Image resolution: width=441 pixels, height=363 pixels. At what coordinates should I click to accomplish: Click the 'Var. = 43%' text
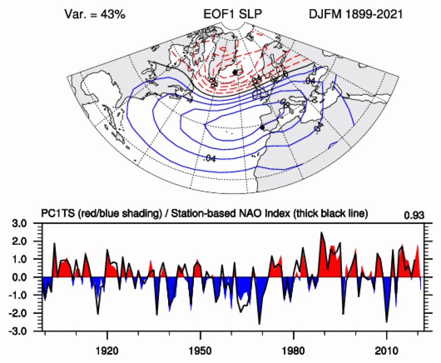[95, 15]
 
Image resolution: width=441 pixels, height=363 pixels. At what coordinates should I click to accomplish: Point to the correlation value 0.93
[413, 215]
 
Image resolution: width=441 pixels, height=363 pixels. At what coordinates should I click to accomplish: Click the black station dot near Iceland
[235, 72]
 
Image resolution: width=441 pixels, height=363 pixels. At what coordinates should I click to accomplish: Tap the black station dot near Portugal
[262, 127]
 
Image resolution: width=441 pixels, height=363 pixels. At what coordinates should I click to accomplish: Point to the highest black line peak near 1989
[321, 232]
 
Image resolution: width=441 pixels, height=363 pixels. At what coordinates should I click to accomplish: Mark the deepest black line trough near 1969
[260, 324]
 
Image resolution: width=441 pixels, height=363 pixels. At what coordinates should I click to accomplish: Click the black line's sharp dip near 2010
[386, 323]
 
